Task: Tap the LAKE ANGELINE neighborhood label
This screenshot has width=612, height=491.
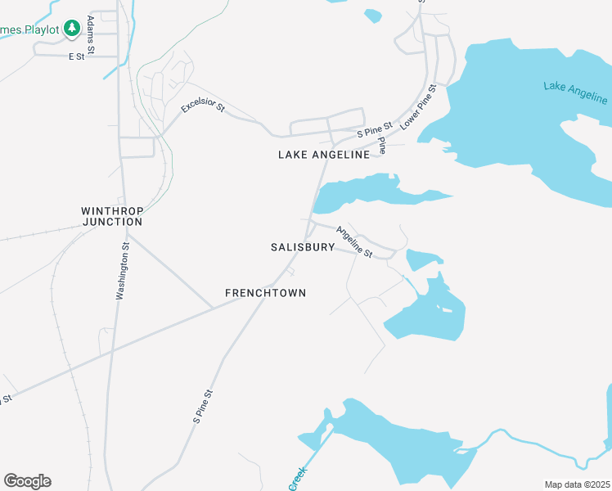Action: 324,155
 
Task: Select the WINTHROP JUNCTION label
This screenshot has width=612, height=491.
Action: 111,216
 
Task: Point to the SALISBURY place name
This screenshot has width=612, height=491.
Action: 303,247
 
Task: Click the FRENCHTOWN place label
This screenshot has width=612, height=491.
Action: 265,293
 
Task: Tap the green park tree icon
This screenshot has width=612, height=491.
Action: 72,29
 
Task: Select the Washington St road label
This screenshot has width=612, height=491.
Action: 121,269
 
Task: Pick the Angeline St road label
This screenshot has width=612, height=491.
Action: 355,244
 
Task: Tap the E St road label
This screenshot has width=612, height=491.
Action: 76,56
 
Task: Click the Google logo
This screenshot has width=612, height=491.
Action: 27,481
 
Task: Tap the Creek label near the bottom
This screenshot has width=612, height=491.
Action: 297,479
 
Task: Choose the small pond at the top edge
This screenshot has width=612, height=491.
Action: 373,15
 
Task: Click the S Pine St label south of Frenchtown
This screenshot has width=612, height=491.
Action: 203,406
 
